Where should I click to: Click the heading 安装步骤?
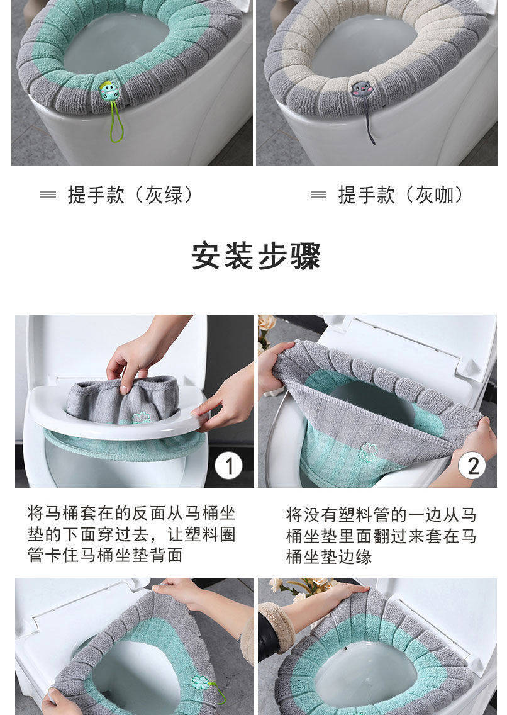pyautogui.click(x=255, y=256)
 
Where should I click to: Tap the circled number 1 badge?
pyautogui.click(x=228, y=466)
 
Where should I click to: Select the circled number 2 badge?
pyautogui.click(x=472, y=466)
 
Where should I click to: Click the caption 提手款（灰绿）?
pyautogui.click(x=131, y=194)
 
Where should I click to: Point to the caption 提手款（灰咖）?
pyautogui.click(x=401, y=194)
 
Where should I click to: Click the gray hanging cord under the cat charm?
pyautogui.click(x=370, y=120)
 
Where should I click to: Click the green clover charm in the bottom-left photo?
pyautogui.click(x=201, y=683)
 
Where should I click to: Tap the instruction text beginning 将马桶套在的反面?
pyautogui.click(x=131, y=534)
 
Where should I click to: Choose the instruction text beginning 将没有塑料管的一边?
pyautogui.click(x=381, y=536)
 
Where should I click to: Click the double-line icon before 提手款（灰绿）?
pyautogui.click(x=48, y=194)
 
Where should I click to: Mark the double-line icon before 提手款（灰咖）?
pyautogui.click(x=318, y=194)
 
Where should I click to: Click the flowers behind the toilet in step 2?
pyautogui.click(x=267, y=329)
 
